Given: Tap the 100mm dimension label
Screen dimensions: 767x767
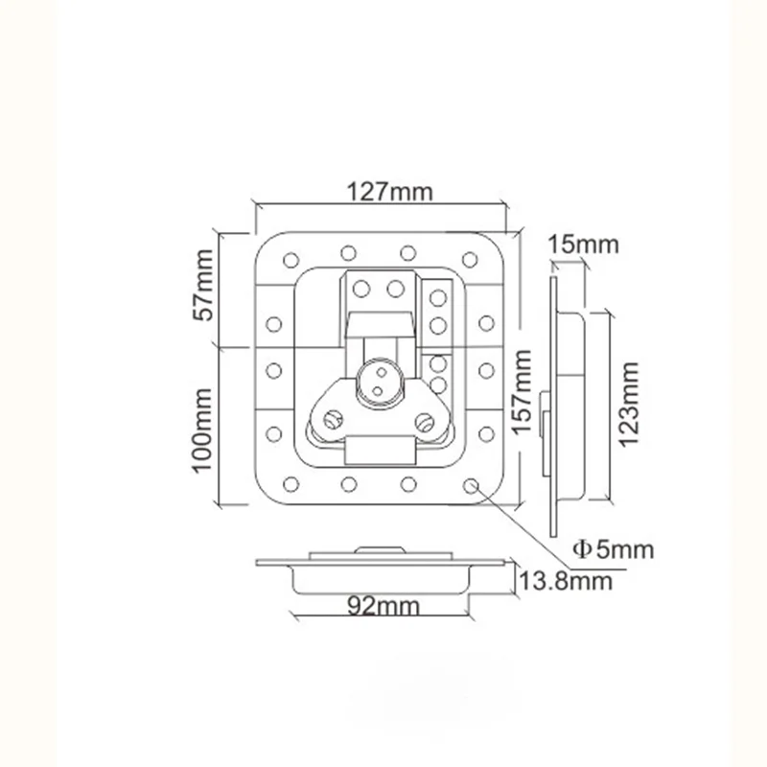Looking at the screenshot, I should coord(201,429).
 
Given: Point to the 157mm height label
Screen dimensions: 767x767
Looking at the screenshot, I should coord(523,392).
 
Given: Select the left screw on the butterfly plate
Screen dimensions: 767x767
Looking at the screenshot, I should coord(333,418).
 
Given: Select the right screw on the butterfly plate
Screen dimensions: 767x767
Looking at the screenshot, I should coord(423,418).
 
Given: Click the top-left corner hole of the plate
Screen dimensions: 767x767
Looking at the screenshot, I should coord(289,259).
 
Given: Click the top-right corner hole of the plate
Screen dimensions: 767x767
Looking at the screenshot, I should coord(471,258).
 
